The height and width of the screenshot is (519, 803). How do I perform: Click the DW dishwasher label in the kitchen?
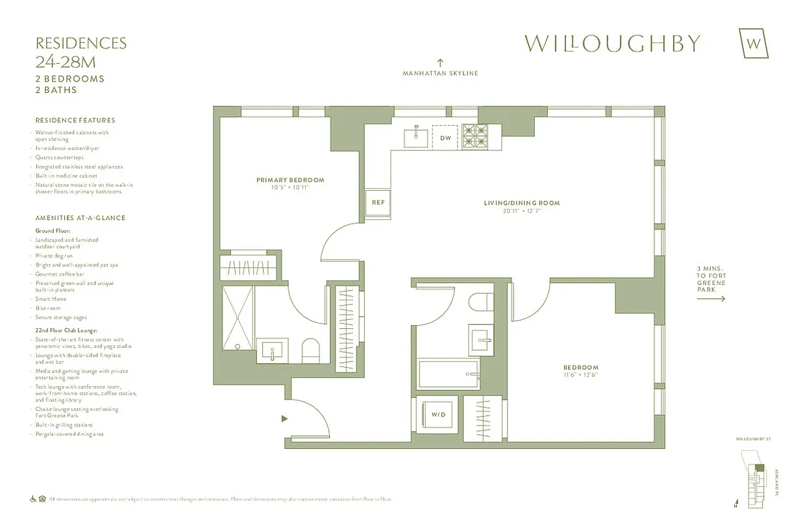pyautogui.click(x=445, y=138)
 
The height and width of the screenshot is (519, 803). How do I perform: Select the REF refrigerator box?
pyautogui.click(x=378, y=202)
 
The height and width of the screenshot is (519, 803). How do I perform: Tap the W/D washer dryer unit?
pyautogui.click(x=439, y=414)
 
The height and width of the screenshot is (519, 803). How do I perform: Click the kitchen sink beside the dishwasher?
pyautogui.click(x=416, y=137)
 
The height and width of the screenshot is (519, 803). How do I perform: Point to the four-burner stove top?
pyautogui.click(x=478, y=138)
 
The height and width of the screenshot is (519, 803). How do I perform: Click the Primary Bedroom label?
pyautogui.click(x=290, y=180)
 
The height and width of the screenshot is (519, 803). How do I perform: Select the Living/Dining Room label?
pyautogui.click(x=521, y=203)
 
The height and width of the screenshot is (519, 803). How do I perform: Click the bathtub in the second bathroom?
pyautogui.click(x=449, y=374)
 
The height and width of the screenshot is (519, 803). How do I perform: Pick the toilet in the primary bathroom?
pyautogui.click(x=311, y=350)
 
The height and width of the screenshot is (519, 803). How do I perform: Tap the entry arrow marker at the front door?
pyautogui.click(x=284, y=418)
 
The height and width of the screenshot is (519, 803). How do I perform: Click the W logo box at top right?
pyautogui.click(x=754, y=43)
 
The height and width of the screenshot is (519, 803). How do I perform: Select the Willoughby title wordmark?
pyautogui.click(x=612, y=43)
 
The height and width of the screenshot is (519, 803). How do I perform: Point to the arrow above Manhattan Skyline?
pyautogui.click(x=440, y=62)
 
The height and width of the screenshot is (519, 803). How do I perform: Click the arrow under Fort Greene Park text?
pyautogui.click(x=711, y=299)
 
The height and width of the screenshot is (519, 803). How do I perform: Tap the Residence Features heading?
pyautogui.click(x=75, y=120)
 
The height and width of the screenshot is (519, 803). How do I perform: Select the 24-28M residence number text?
pyautogui.click(x=68, y=63)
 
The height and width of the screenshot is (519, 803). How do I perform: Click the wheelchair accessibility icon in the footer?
pyautogui.click(x=33, y=499)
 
